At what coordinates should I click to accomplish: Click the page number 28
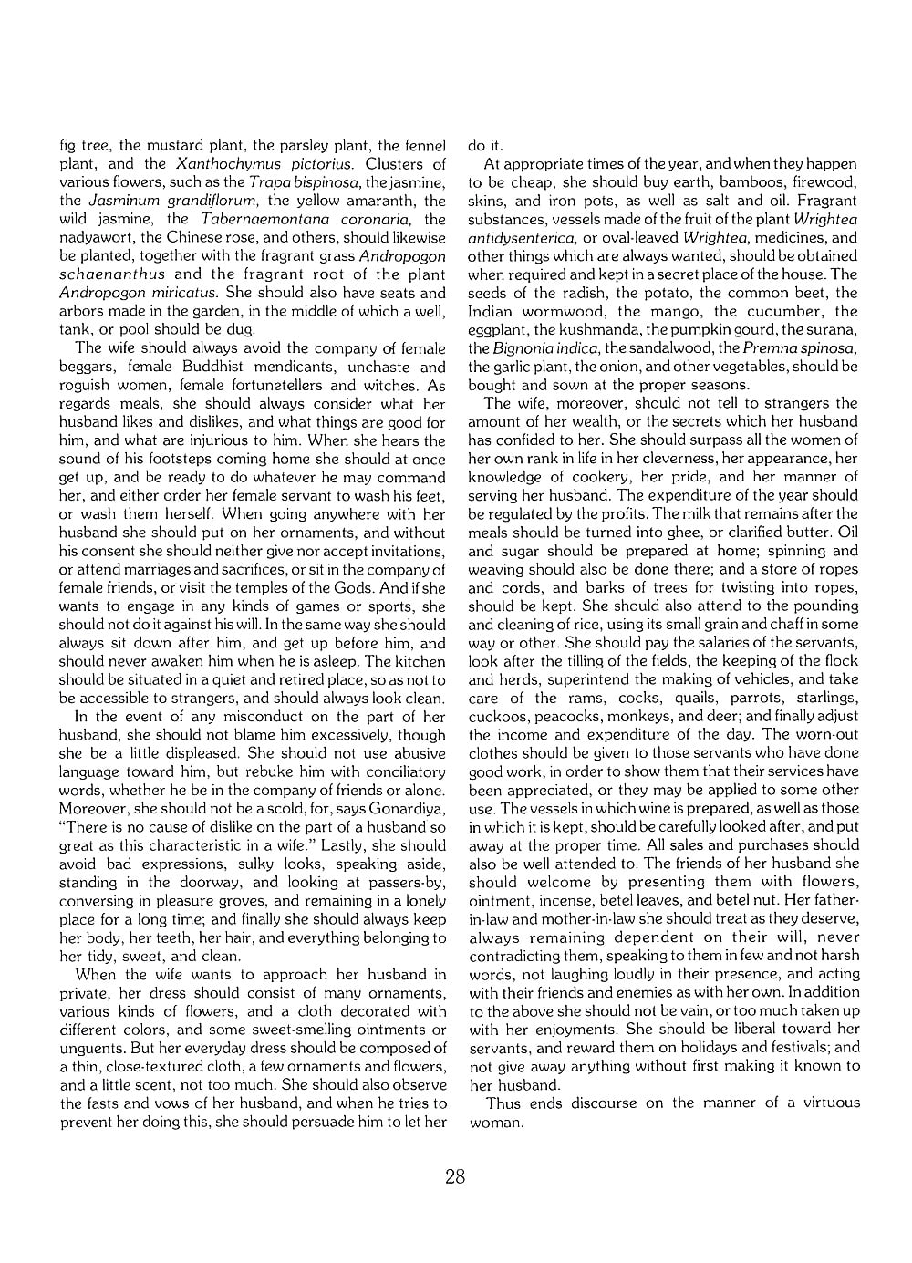pyautogui.click(x=455, y=1176)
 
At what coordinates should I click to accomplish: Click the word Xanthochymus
pyautogui.click(x=228, y=164)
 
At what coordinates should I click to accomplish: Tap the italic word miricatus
pyautogui.click(x=186, y=293)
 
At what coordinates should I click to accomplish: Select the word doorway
pyautogui.click(x=212, y=882)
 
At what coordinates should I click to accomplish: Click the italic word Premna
pyautogui.click(x=767, y=347)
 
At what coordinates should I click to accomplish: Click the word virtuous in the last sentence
pyautogui.click(x=831, y=1103)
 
